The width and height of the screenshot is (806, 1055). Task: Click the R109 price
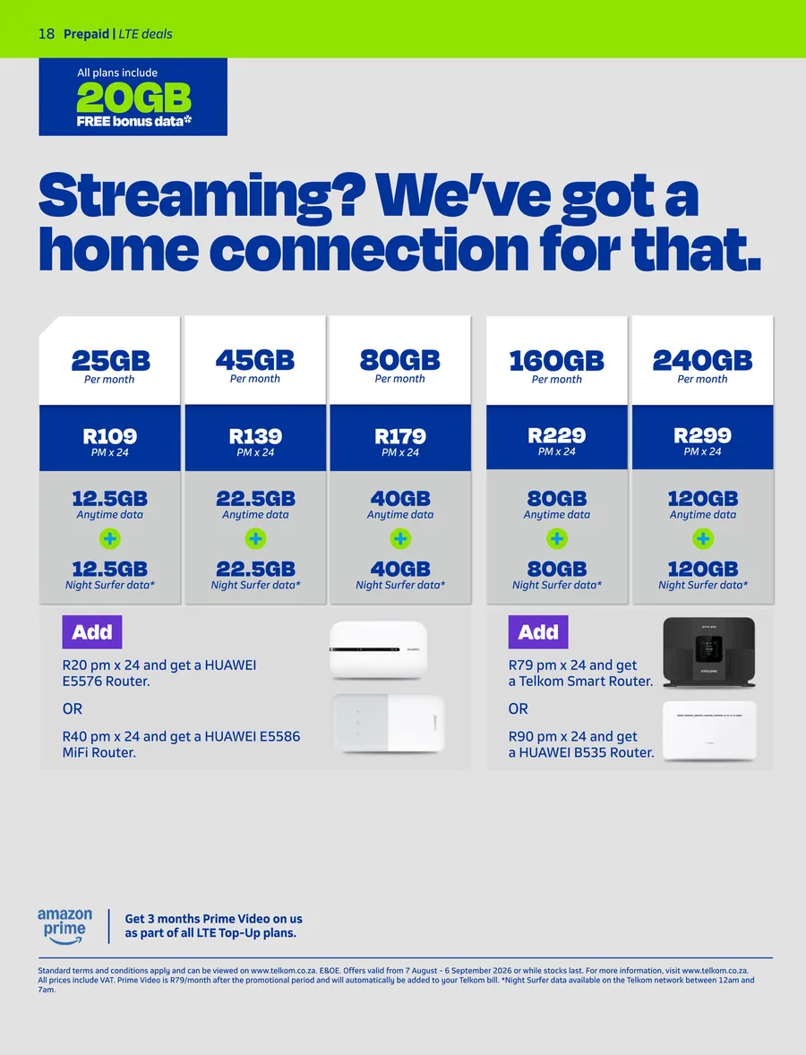pos(109,436)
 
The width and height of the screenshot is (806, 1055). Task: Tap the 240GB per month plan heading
pos(702,361)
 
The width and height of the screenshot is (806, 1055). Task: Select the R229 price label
pos(556,435)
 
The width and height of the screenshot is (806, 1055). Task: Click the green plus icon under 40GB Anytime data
pos(400,538)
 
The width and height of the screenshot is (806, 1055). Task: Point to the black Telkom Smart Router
pos(709,652)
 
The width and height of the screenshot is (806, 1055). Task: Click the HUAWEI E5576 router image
pos(378,649)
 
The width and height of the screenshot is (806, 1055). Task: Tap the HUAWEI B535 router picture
pos(709,731)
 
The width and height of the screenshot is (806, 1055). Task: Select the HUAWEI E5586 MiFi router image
pos(389,724)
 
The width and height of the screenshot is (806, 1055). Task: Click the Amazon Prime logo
pos(64,926)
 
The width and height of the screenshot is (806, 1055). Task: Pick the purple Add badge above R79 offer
pos(538,631)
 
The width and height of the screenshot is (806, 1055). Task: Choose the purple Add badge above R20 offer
pos(92,631)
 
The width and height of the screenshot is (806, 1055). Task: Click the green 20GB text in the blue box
pos(133,99)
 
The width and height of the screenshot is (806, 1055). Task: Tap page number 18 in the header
pos(47,34)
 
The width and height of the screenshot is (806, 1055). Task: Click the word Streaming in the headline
pos(201,195)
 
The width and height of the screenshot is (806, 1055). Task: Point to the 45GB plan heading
pos(255,361)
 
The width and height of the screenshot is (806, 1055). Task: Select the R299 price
pos(702,435)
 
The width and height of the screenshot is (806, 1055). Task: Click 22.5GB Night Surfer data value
pos(255,569)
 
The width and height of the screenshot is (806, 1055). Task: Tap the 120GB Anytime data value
pos(702,499)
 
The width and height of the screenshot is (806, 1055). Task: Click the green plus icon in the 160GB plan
pos(556,538)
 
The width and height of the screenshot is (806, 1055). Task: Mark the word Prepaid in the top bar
pos(86,34)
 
